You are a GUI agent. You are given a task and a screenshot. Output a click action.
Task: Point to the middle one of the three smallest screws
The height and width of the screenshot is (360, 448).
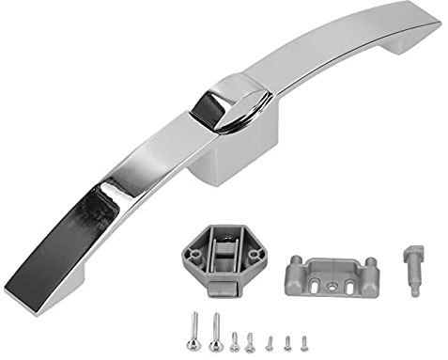coord(288,341)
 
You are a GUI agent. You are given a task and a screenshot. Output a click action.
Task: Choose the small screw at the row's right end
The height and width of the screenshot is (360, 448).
coord(305,341)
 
